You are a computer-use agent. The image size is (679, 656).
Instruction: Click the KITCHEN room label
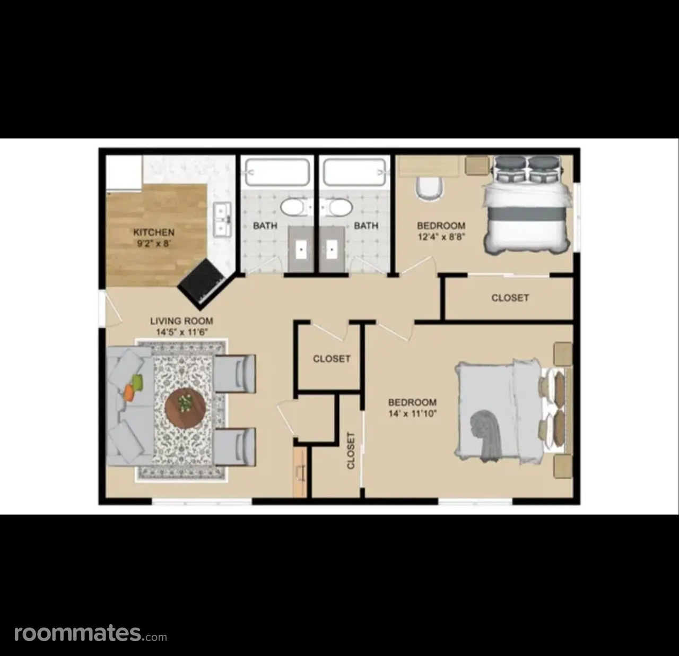tap(154, 232)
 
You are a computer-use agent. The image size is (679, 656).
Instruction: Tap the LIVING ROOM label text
tap(181, 321)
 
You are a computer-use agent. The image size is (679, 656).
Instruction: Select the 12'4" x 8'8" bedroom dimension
tap(441, 237)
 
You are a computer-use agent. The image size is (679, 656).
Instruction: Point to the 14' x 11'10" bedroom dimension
tap(413, 413)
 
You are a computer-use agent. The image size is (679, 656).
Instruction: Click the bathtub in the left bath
tap(277, 172)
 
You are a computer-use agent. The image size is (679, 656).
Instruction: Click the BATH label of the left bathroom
tap(265, 226)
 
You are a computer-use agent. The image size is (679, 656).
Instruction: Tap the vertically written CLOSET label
tap(351, 451)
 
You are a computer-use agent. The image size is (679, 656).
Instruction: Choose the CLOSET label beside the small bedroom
tap(510, 297)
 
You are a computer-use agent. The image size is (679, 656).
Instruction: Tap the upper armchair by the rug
tap(234, 374)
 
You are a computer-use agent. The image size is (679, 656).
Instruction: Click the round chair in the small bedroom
tap(429, 188)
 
